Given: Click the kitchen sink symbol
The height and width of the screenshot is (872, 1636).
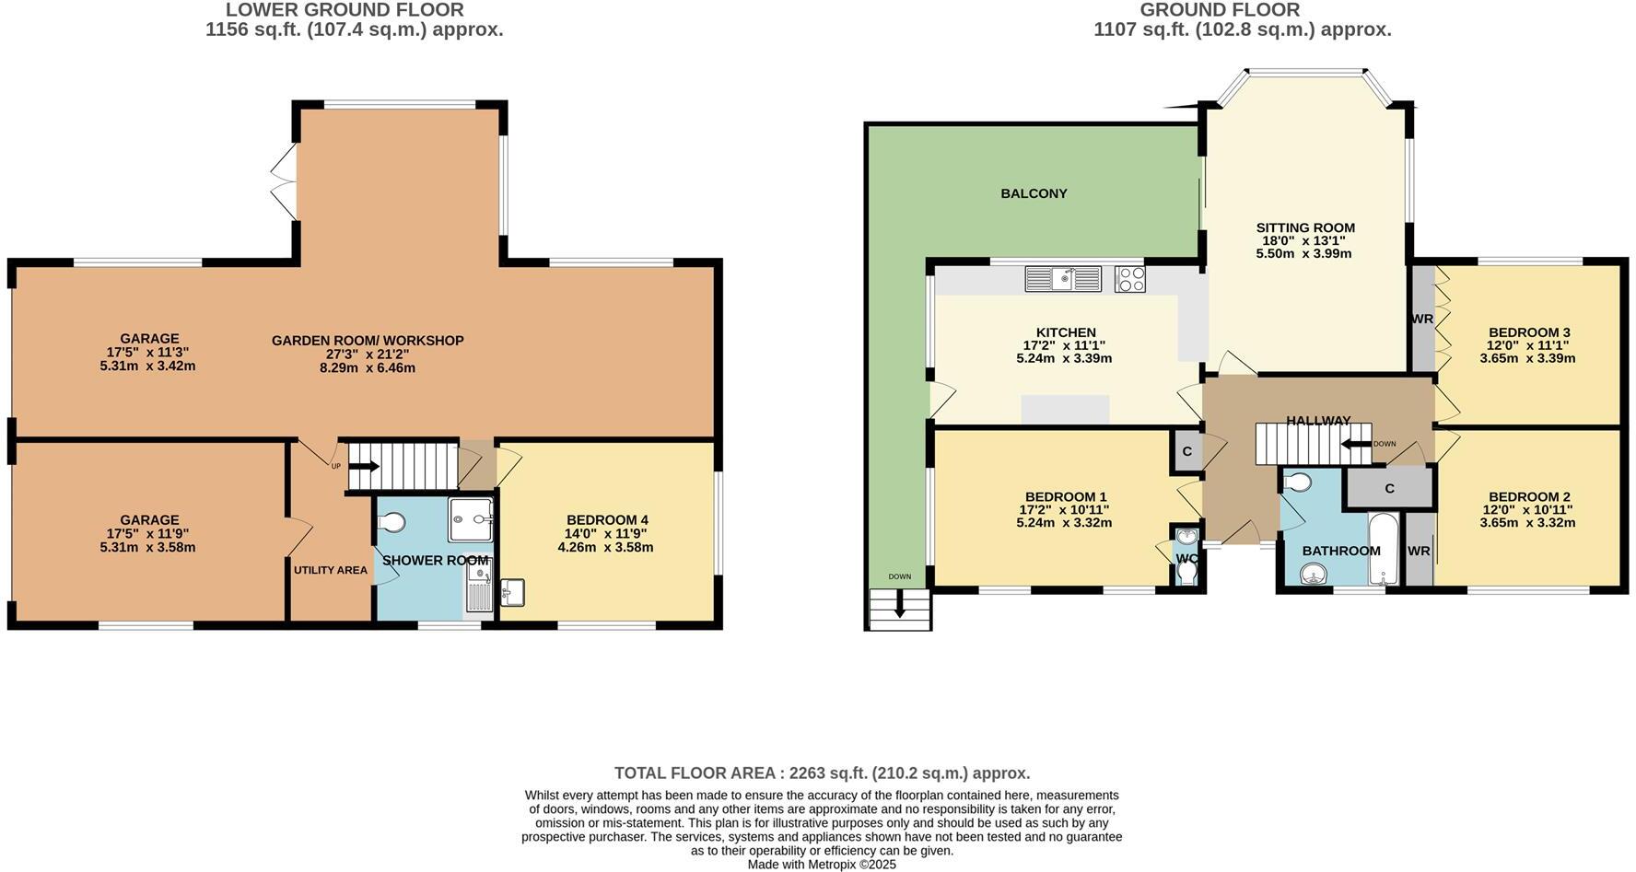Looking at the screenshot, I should (x=1063, y=278).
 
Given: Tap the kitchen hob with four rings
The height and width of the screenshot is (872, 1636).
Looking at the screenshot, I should (x=1129, y=279).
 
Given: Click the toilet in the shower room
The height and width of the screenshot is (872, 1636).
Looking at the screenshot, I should (x=391, y=523).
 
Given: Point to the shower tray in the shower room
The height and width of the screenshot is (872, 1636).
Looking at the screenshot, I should (x=471, y=520).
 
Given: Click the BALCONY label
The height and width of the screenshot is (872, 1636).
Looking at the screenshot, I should (x=1034, y=193).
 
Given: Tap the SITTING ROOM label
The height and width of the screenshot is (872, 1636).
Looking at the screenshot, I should (x=1305, y=227).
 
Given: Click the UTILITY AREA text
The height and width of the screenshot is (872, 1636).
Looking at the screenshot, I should (x=330, y=570).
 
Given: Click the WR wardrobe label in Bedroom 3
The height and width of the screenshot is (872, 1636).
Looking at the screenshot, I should (x=1421, y=319).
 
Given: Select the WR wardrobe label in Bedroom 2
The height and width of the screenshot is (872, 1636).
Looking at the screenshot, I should (x=1419, y=551).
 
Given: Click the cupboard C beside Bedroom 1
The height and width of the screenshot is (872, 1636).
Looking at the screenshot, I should (x=1186, y=451).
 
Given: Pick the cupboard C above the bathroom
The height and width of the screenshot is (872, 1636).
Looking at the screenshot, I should (x=1389, y=488).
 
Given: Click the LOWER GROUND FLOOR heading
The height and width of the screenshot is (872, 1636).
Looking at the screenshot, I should (x=345, y=10).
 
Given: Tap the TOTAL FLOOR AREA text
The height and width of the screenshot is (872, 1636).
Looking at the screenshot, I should (x=822, y=773).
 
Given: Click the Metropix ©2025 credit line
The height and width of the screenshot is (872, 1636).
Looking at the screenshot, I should (x=821, y=865).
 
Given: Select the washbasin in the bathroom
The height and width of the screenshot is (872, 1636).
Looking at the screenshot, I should (x=1312, y=576).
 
